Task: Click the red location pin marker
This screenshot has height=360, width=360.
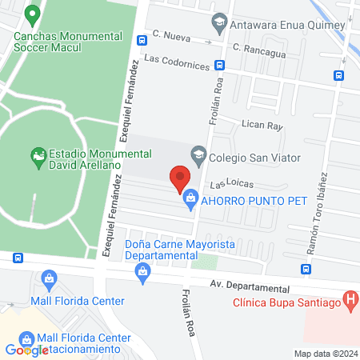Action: (x=180, y=178)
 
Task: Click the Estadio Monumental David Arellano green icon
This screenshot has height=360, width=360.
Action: (x=37, y=154)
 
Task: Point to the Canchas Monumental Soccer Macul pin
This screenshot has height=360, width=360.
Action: (x=33, y=14)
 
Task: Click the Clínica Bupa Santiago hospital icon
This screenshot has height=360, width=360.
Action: (x=349, y=301)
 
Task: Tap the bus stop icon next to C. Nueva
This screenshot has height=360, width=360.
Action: (x=142, y=39)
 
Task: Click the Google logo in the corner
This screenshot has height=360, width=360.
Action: (x=26, y=350)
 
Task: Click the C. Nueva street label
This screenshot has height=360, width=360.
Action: (x=170, y=36)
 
